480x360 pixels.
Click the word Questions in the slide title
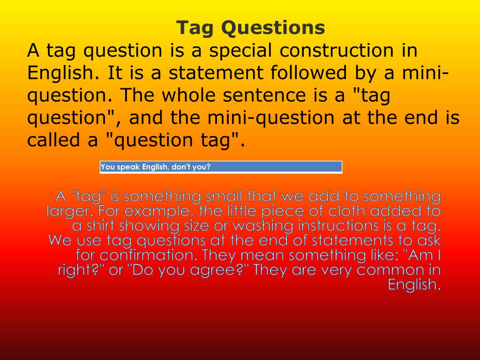[x=273, y=28]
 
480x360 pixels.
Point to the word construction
[x=340, y=51]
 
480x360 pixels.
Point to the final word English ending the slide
[x=414, y=285]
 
